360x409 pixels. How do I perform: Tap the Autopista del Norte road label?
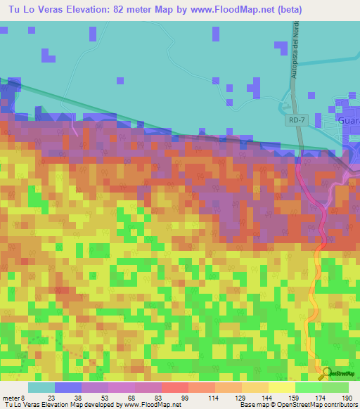(x=288, y=60)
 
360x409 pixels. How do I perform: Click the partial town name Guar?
(x=348, y=120)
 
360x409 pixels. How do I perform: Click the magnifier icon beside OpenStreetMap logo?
(x=324, y=372)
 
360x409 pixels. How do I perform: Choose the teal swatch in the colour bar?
(x=41, y=387)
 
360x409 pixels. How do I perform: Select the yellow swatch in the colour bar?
(x=281, y=387)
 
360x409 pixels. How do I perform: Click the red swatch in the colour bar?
(x=174, y=387)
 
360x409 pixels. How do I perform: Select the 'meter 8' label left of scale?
(x=13, y=398)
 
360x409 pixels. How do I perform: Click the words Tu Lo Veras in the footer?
(x=22, y=405)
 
